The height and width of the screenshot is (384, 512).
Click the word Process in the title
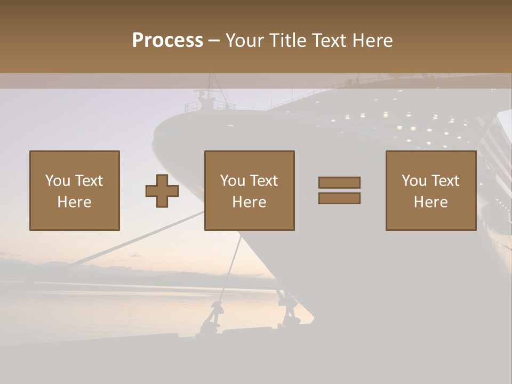(x=167, y=41)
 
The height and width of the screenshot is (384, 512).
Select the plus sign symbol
(x=162, y=191)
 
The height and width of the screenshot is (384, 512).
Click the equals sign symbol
(x=339, y=190)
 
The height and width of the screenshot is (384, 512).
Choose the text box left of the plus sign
(x=75, y=190)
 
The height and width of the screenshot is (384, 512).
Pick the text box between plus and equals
(x=250, y=190)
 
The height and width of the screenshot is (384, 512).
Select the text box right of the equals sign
(x=431, y=190)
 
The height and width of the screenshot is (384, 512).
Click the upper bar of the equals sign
(x=339, y=182)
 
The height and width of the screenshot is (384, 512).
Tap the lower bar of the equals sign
(x=339, y=198)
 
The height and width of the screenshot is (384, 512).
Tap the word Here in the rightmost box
(x=431, y=202)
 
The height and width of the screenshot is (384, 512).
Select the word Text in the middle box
(x=264, y=180)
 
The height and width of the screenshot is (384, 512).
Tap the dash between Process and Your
(x=214, y=41)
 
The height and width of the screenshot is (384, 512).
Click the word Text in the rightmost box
(x=445, y=180)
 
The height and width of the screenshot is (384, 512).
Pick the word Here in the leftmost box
(x=75, y=202)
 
